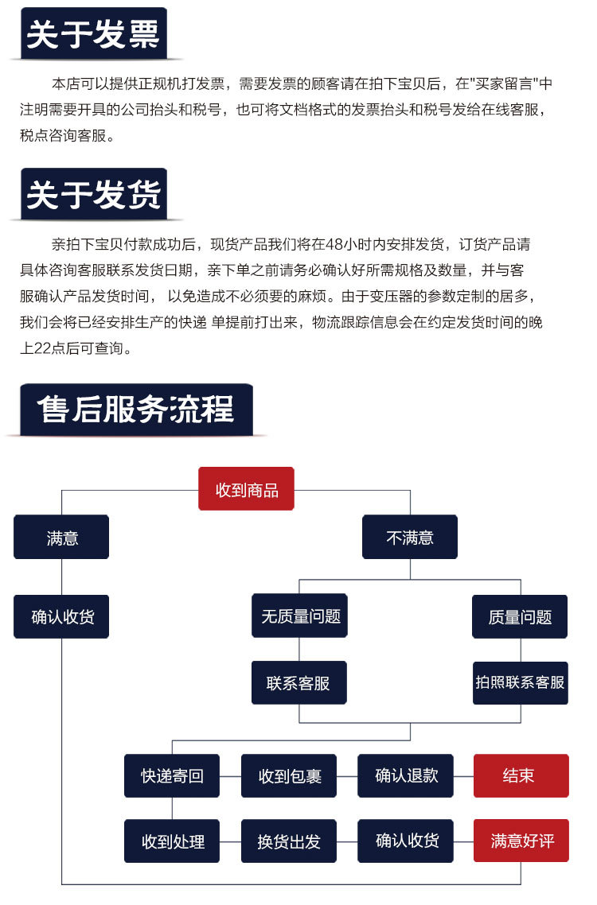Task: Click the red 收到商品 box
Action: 246,489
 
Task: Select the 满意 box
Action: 61,538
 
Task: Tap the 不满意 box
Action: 410,538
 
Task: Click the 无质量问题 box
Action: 299,616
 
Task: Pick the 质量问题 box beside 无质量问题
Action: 520,616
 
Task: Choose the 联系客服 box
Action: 299,682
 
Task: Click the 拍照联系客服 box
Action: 520,682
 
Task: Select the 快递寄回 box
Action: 172,775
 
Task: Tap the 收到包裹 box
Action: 289,775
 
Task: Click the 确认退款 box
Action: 406,775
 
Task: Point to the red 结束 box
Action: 521,775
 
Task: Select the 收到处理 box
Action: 172,841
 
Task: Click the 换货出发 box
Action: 289,841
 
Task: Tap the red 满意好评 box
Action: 521,841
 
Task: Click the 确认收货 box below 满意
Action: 61,616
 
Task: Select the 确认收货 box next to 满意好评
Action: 406,841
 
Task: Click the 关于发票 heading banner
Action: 93,34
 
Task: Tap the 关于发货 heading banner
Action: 93,195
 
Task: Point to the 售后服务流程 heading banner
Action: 135,410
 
